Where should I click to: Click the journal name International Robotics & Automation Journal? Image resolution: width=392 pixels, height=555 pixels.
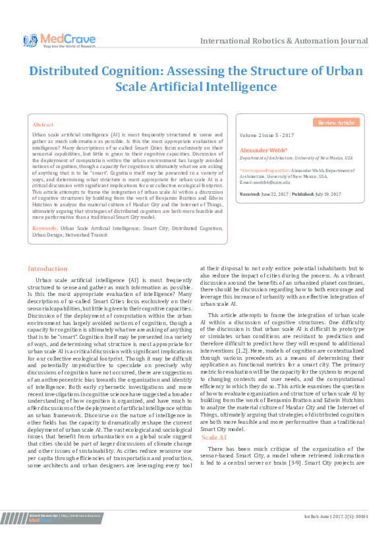(x=284, y=41)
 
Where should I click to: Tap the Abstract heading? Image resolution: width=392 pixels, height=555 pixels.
(x=43, y=124)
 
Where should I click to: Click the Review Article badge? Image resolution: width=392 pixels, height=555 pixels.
(x=336, y=123)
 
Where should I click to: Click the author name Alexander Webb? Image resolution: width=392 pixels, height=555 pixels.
(x=258, y=151)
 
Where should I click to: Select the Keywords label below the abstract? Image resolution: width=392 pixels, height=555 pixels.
(x=45, y=227)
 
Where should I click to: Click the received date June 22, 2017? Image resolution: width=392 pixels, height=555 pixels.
(x=273, y=194)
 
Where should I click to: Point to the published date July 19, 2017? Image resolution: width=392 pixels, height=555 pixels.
(x=325, y=194)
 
